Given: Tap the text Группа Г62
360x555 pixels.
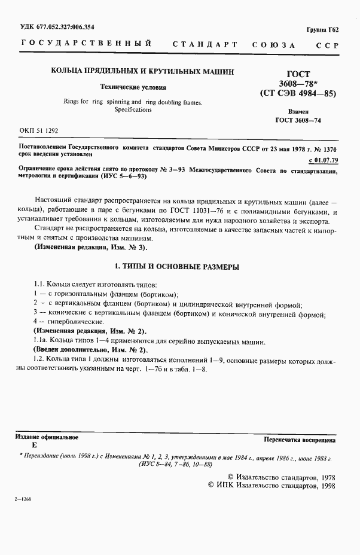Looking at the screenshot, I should coord(322,30).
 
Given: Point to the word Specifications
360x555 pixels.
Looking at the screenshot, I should coord(135,111).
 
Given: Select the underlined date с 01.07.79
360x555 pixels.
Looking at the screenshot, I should coord(322,160).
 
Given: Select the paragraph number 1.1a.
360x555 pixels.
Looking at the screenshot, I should coord(42,340).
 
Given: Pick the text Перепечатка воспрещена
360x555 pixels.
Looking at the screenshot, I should coord(299,440).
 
